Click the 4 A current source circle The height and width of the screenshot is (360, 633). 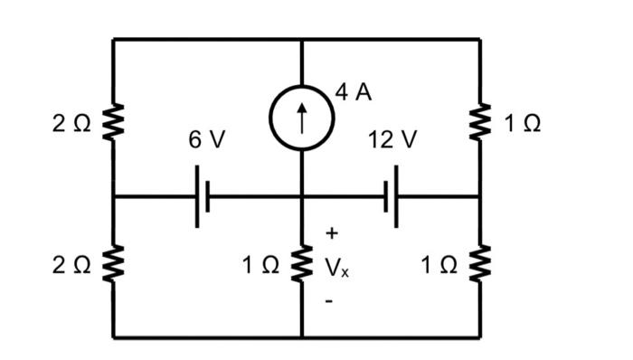(301, 118)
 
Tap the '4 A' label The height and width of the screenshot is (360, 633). (354, 92)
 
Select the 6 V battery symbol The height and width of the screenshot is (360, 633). (203, 196)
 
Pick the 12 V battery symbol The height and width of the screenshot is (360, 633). (392, 196)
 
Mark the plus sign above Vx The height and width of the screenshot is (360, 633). (331, 233)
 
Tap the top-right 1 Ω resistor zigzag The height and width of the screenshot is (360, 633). (480, 122)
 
